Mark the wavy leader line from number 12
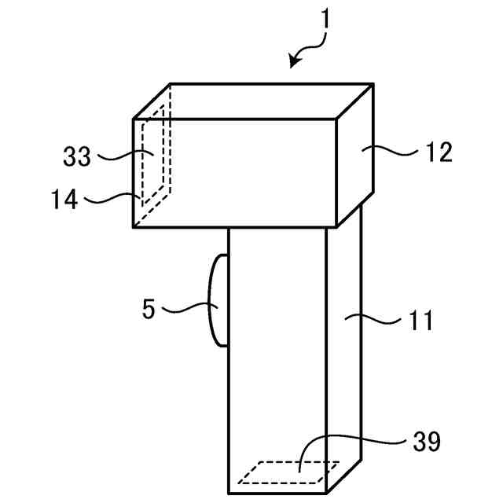[x=391, y=150]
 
